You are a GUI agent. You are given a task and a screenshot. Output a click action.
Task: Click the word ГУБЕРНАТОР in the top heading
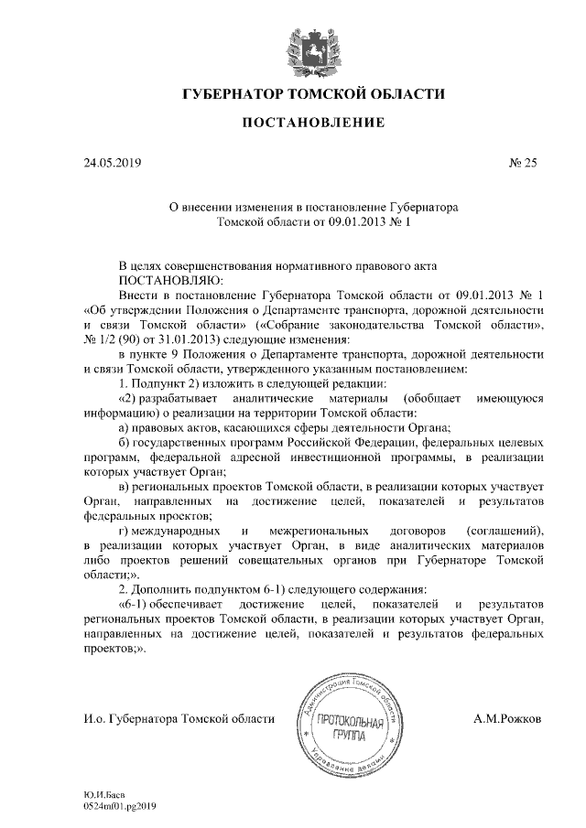(x=234, y=95)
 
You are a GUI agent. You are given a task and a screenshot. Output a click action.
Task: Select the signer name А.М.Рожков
(x=507, y=719)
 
